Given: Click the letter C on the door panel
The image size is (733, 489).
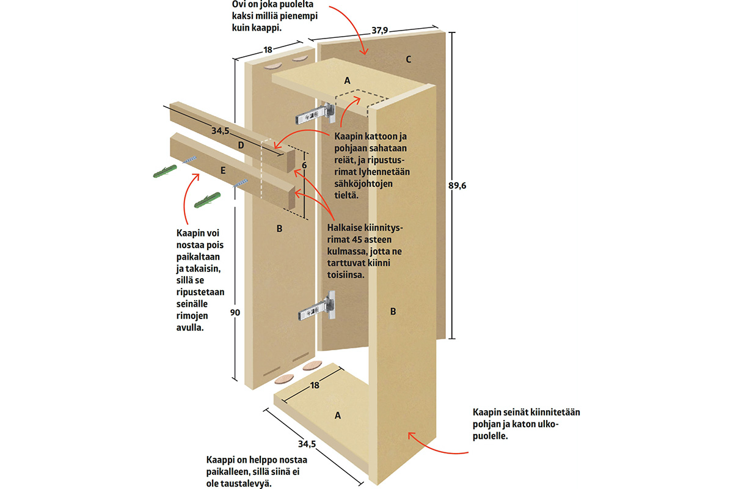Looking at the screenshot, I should [x=409, y=59].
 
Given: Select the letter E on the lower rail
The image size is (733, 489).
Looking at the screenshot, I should [x=223, y=171].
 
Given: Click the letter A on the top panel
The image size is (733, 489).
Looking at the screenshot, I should [x=348, y=80].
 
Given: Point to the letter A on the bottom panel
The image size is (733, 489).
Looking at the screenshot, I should [x=337, y=415].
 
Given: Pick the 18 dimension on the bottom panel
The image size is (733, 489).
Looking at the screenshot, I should [x=315, y=385].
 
